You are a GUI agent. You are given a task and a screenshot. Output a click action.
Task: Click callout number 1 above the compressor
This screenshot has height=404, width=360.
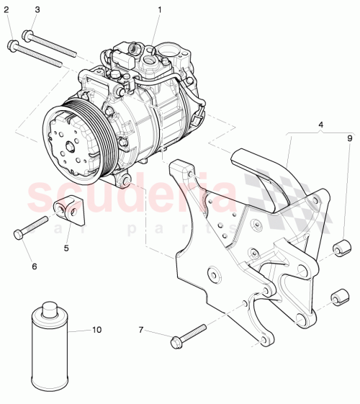160,9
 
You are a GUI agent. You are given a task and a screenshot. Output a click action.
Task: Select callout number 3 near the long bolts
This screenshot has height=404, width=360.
37,9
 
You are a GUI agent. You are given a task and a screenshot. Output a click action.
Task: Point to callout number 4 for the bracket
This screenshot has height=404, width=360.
320,124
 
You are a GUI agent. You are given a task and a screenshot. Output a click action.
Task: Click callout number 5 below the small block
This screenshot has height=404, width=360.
66,248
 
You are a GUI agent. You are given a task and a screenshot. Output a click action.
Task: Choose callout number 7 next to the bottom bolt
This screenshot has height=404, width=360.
141,330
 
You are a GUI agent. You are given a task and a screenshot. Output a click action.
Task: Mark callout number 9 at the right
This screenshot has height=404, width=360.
350,138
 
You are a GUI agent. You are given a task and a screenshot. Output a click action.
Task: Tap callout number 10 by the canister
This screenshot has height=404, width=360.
96,330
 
